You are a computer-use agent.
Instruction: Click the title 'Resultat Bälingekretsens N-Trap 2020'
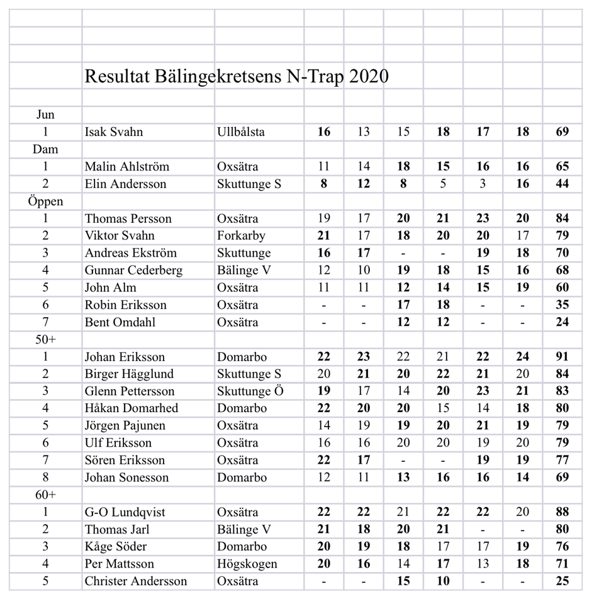pyautogui.click(x=236, y=77)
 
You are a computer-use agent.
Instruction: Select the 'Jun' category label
pyautogui.click(x=45, y=115)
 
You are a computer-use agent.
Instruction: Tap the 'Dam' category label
pyautogui.click(x=45, y=150)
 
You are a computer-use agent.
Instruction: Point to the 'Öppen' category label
pyautogui.click(x=45, y=202)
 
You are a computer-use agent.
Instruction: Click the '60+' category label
pyautogui.click(x=45, y=495)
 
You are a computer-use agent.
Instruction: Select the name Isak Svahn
pyautogui.click(x=114, y=132)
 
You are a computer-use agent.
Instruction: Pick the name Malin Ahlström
pyautogui.click(x=127, y=167)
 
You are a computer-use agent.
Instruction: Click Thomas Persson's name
pyautogui.click(x=129, y=219)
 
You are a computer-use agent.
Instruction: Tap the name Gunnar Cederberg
pyautogui.click(x=134, y=271)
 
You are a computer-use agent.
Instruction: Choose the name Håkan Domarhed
pyautogui.click(x=132, y=408)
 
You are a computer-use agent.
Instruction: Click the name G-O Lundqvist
pyautogui.click(x=125, y=512)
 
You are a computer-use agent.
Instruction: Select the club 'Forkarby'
pyautogui.click(x=241, y=236)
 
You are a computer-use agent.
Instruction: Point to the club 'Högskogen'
pyautogui.click(x=247, y=564)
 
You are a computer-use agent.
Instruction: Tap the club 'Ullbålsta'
pyautogui.click(x=241, y=132)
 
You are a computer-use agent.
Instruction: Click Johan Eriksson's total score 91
pyautogui.click(x=563, y=357)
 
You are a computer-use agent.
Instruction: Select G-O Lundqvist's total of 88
pyautogui.click(x=563, y=512)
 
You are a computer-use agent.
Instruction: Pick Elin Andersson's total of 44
pyautogui.click(x=563, y=184)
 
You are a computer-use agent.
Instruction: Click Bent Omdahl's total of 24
pyautogui.click(x=563, y=322)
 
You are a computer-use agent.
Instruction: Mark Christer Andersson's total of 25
pyautogui.click(x=563, y=581)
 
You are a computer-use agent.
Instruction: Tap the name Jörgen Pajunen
pyautogui.click(x=125, y=426)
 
